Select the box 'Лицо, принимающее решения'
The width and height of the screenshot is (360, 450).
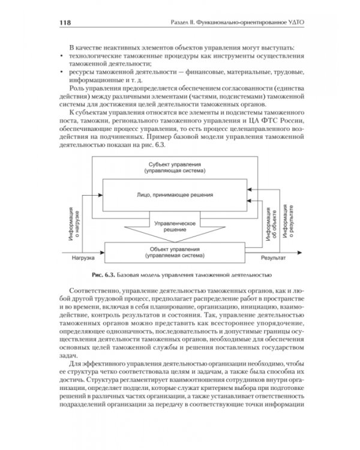point(176,196)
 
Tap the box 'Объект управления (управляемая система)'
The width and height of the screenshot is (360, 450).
point(176,252)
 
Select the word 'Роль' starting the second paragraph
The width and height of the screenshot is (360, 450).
point(78,89)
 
